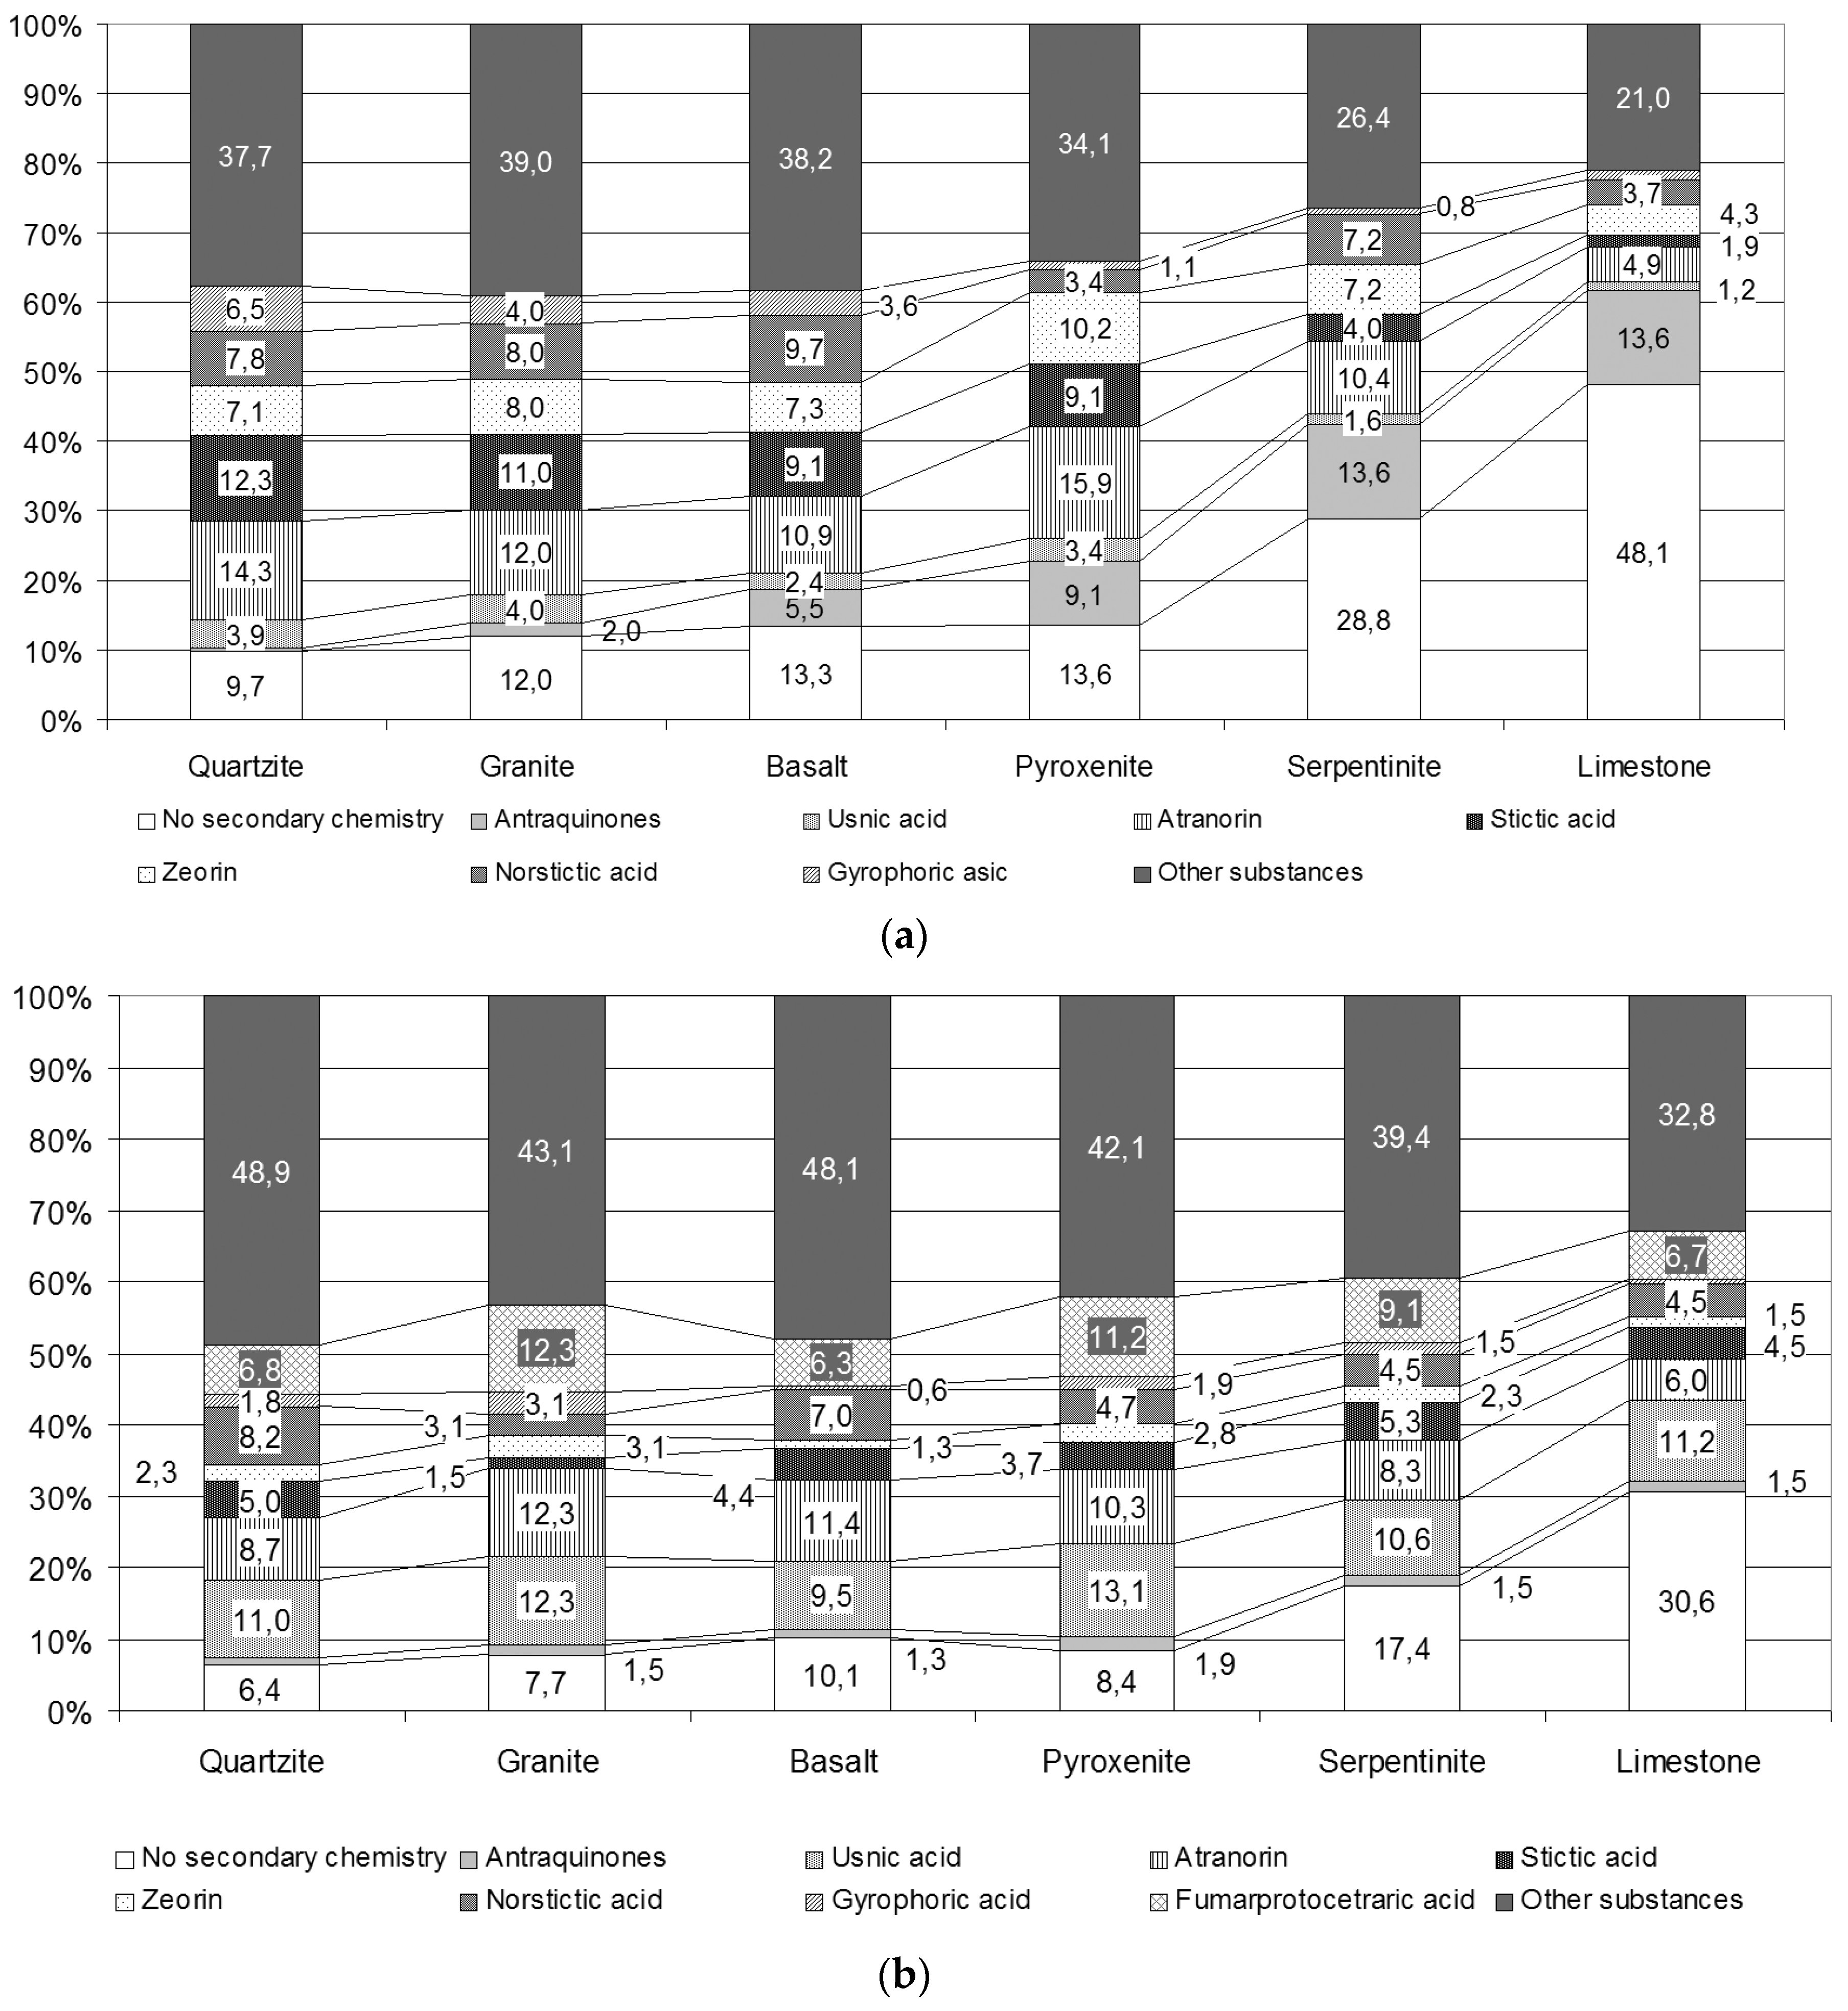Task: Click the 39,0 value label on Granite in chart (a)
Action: click(x=526, y=162)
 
